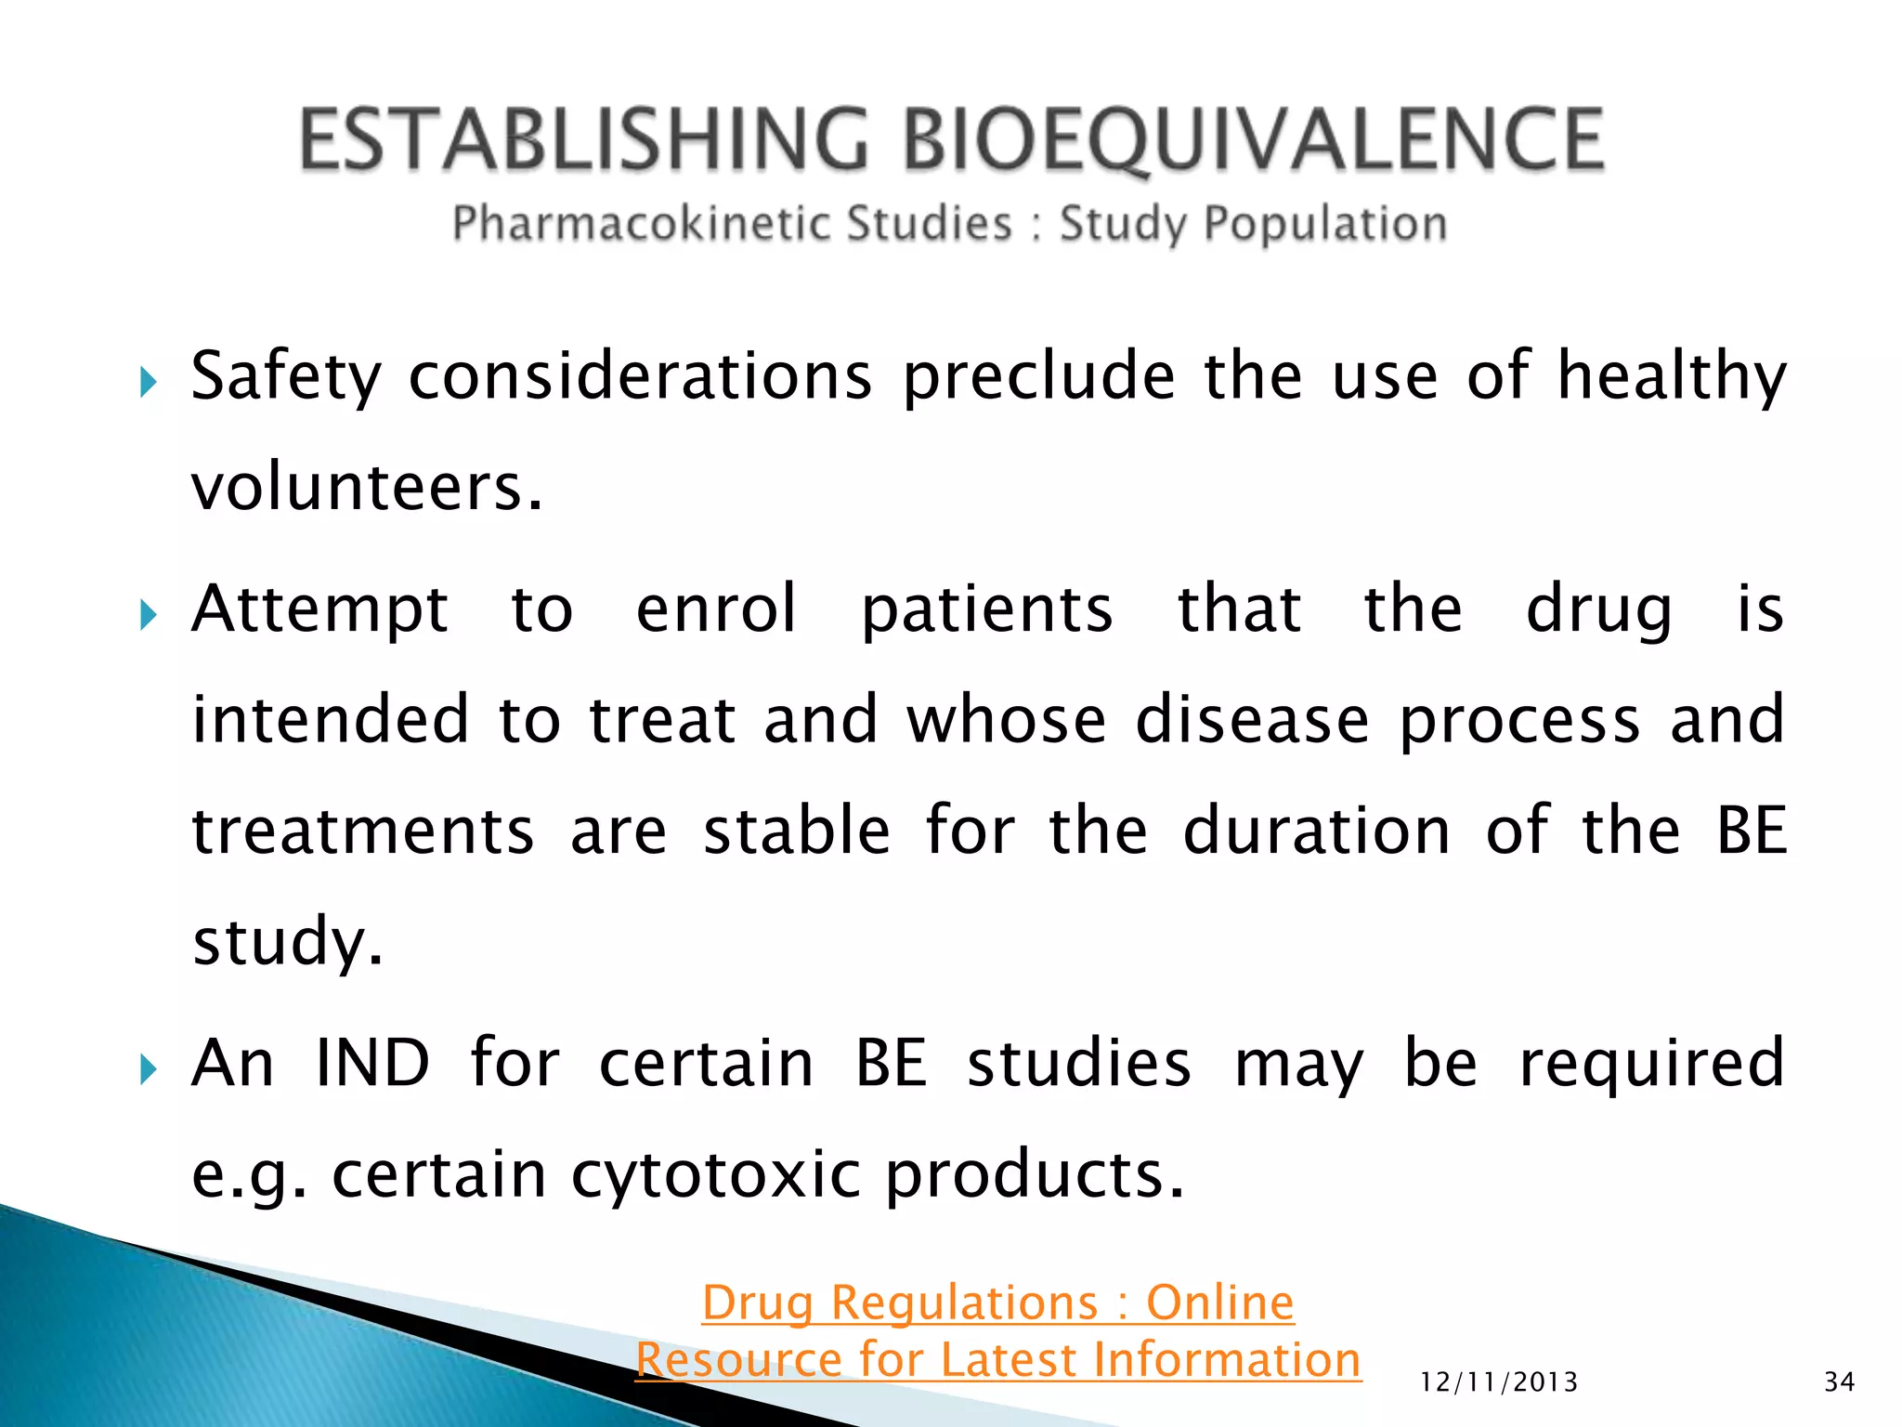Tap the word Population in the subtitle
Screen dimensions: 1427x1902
point(1325,224)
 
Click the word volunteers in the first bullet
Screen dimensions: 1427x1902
point(365,487)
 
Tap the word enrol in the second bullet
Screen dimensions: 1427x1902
point(716,609)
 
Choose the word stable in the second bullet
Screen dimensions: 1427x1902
point(797,831)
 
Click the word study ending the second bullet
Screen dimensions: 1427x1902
point(286,941)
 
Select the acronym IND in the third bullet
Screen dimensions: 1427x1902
point(372,1063)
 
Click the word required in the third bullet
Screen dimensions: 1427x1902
point(1651,1065)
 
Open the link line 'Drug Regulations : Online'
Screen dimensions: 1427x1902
point(997,1303)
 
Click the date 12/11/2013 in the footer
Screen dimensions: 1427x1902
point(1499,1382)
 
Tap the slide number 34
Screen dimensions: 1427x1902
point(1839,1382)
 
